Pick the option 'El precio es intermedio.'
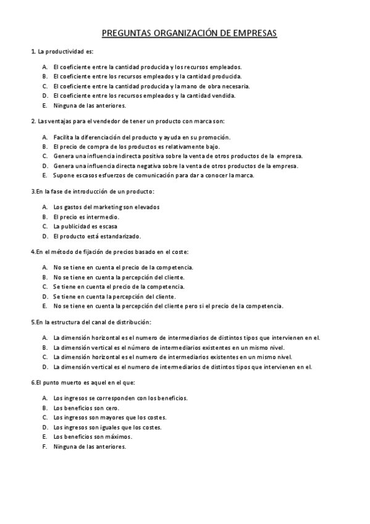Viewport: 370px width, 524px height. pyautogui.click(x=86, y=217)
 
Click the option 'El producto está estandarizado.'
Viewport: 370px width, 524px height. pyautogui.click(x=97, y=236)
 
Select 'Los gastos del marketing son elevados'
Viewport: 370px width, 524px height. pyautogui.click(x=106, y=207)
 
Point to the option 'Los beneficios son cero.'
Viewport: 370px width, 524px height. pyautogui.click(x=86, y=408)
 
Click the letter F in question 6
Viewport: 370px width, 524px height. pyautogui.click(x=44, y=446)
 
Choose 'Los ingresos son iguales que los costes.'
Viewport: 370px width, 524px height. pyautogui.click(x=107, y=427)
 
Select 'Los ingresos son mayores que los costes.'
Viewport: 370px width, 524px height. pyautogui.click(x=109, y=417)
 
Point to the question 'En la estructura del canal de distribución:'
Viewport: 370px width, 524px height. pyautogui.click(x=91, y=322)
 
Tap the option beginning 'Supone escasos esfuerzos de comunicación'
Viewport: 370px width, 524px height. pyautogui.click(x=153, y=175)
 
